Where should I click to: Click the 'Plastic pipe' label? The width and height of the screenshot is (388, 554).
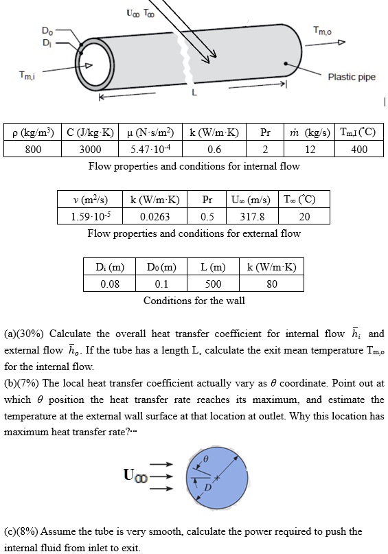[352, 77]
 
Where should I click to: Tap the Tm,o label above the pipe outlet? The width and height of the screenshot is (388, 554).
[322, 30]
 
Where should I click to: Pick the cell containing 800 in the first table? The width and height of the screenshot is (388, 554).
[33, 149]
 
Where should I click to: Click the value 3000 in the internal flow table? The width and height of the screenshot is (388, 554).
[89, 149]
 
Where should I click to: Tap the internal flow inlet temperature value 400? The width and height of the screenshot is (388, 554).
[359, 149]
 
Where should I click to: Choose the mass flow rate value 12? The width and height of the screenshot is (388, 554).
[310, 149]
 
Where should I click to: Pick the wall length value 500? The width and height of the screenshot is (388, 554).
[214, 284]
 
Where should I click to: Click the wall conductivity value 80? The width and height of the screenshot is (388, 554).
[271, 284]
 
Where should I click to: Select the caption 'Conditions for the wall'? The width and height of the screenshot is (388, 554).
[194, 301]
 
